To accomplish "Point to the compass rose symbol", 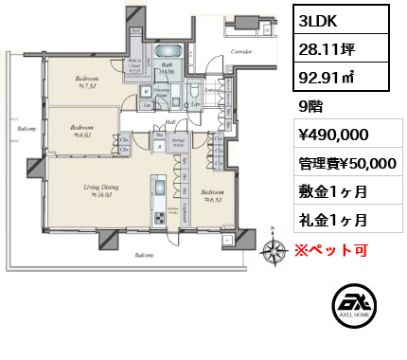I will coord(275,252).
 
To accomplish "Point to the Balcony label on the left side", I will coord(25,127).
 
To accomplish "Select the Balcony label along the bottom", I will coord(144,256).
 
